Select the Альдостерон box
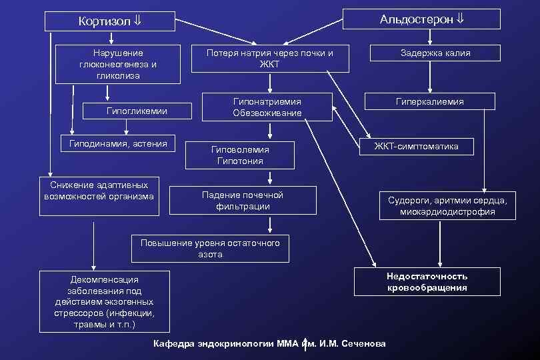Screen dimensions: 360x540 tap(421, 19)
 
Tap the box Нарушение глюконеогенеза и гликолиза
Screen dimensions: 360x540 tap(118, 64)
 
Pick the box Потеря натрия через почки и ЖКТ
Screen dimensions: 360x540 tap(270, 59)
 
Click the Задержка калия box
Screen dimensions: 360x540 tap(435, 53)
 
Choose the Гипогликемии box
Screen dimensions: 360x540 tap(137, 111)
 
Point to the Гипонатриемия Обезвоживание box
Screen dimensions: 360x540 tap(267, 107)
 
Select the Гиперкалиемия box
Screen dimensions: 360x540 tap(430, 101)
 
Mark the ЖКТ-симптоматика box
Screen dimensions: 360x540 tap(415, 146)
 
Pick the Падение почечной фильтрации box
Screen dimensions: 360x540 tap(243, 201)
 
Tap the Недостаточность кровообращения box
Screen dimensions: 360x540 tap(427, 282)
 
